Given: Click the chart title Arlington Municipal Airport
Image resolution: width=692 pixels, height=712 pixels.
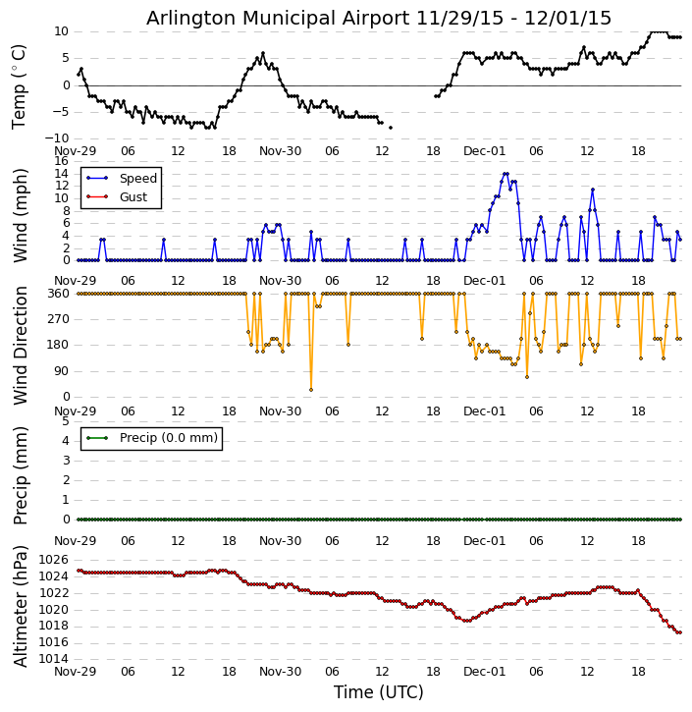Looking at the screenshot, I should coord(379,19).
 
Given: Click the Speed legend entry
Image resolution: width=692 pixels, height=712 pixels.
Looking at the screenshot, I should coord(137,179).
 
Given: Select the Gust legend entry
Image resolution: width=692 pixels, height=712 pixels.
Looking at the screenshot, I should coord(133,197).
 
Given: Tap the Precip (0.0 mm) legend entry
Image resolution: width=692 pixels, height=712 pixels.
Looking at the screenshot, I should coord(161,438).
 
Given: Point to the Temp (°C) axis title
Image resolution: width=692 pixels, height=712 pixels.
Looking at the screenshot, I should coord(20,85).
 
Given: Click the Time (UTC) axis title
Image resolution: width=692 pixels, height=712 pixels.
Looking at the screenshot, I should coord(379,692).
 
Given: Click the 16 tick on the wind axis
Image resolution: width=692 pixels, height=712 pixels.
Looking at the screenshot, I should coord(61,161).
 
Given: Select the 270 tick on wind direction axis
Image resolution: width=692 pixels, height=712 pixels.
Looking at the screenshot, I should coord(58,319).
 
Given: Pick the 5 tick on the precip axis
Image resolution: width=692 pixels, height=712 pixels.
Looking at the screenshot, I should coord(65,421).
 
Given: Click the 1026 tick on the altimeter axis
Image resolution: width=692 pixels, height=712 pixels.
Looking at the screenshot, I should coord(53,560).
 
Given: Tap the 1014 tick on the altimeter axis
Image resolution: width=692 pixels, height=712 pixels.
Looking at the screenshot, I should coord(53,658).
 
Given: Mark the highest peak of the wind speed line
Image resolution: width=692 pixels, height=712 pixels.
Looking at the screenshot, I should coord(506,174).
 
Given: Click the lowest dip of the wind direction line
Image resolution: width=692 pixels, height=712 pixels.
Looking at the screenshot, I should coord(311,390).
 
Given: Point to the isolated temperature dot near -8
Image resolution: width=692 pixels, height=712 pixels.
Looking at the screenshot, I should coord(390,128).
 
